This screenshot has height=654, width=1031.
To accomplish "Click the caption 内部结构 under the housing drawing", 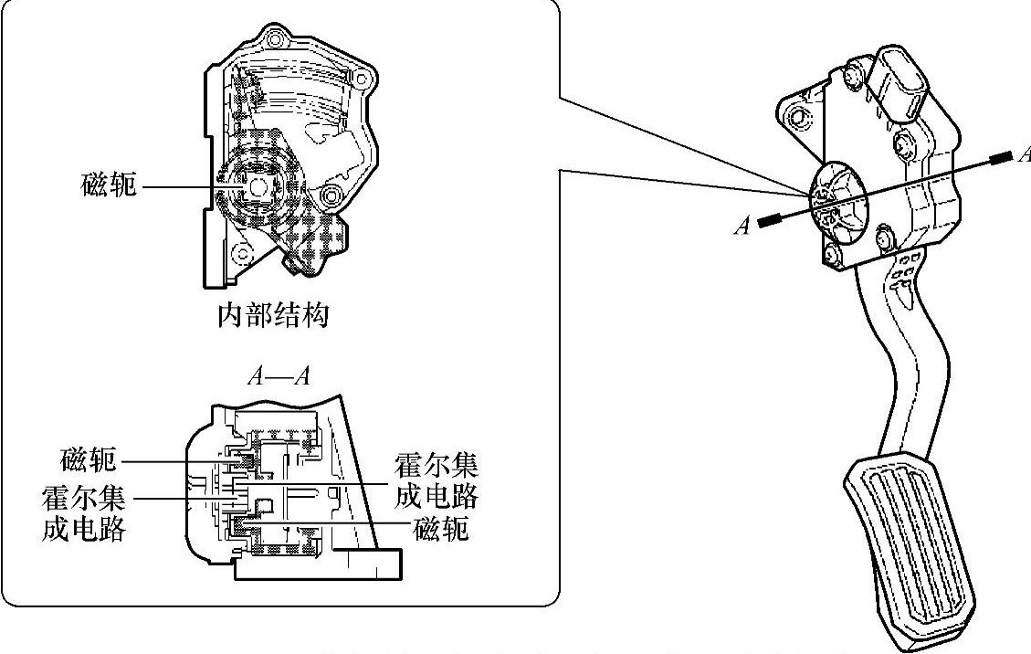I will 273,316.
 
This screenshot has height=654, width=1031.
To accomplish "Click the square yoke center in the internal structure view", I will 257,185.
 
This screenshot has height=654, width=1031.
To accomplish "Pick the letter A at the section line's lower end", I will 742,226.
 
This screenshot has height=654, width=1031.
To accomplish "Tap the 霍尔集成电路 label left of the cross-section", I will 83,513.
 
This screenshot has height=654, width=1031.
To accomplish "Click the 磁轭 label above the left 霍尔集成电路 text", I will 88,458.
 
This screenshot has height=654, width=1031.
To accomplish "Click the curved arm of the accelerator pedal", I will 890,365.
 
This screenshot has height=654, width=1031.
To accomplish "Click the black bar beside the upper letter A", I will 1002,157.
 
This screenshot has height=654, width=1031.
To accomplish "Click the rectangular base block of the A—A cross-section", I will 320,565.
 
